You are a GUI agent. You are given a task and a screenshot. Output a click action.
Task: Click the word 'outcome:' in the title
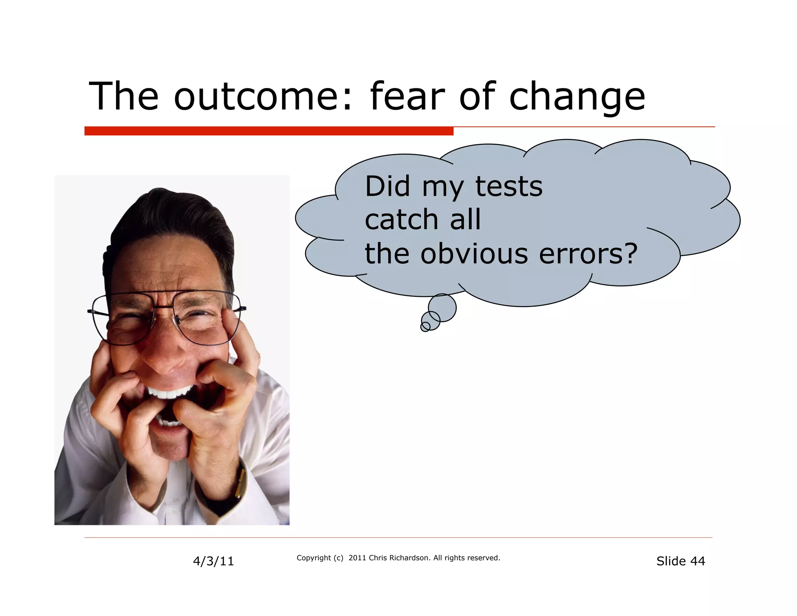tap(263, 96)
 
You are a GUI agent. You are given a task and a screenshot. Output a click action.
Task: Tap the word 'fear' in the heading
tap(407, 96)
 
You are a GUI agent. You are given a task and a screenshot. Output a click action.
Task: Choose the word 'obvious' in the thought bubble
tap(474, 253)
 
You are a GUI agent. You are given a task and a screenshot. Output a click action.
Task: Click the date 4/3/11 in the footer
tap(213, 561)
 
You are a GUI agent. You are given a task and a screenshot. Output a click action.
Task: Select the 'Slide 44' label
tap(680, 561)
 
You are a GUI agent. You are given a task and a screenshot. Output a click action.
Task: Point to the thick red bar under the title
tap(269, 131)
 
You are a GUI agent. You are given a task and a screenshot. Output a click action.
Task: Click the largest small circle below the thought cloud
tap(442, 308)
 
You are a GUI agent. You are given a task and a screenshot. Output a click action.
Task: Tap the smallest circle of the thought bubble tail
tap(425, 327)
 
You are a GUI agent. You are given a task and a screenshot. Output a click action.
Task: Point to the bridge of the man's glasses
tap(163, 308)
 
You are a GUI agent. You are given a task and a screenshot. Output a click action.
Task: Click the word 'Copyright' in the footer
tap(314, 558)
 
